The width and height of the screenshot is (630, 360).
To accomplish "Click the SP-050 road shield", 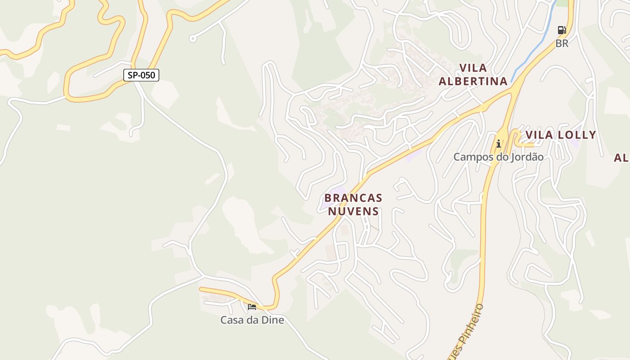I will point(141,75).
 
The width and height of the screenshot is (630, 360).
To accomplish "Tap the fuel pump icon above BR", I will point(562,30).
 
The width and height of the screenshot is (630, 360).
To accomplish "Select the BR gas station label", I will point(562,44).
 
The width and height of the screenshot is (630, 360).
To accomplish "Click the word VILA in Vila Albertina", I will point(473,68).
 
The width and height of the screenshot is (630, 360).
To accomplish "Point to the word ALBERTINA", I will point(473,81).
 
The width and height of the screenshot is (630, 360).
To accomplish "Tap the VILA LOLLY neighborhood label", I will point(561,135).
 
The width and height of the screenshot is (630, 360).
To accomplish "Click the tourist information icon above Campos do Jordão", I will point(499,144).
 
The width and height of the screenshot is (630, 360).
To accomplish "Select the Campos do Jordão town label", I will point(498,157).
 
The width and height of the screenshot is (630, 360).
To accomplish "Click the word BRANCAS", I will point(353,198).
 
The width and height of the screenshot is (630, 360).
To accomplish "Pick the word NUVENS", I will point(353,211).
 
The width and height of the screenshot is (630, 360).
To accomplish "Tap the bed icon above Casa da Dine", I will point(252,307).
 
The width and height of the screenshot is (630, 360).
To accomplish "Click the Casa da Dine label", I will point(252,320).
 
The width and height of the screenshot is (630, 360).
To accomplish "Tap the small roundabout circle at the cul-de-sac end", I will point(193,39).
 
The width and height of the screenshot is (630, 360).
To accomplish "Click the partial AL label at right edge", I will point(621,158).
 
